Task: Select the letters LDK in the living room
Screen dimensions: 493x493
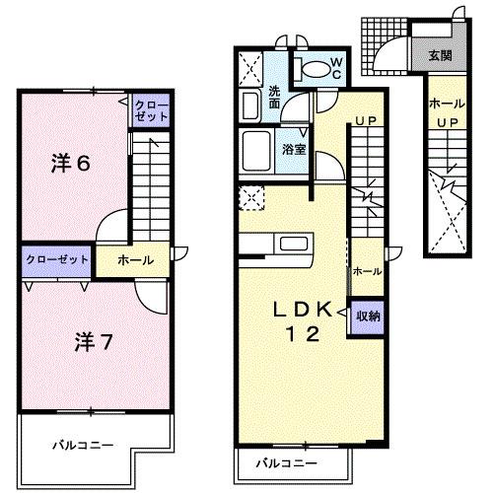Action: pos(302,307)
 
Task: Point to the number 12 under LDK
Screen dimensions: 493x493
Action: pos(302,334)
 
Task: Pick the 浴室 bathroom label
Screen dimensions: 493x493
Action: pos(293,149)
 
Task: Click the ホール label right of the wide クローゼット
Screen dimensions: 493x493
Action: pos(135,260)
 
